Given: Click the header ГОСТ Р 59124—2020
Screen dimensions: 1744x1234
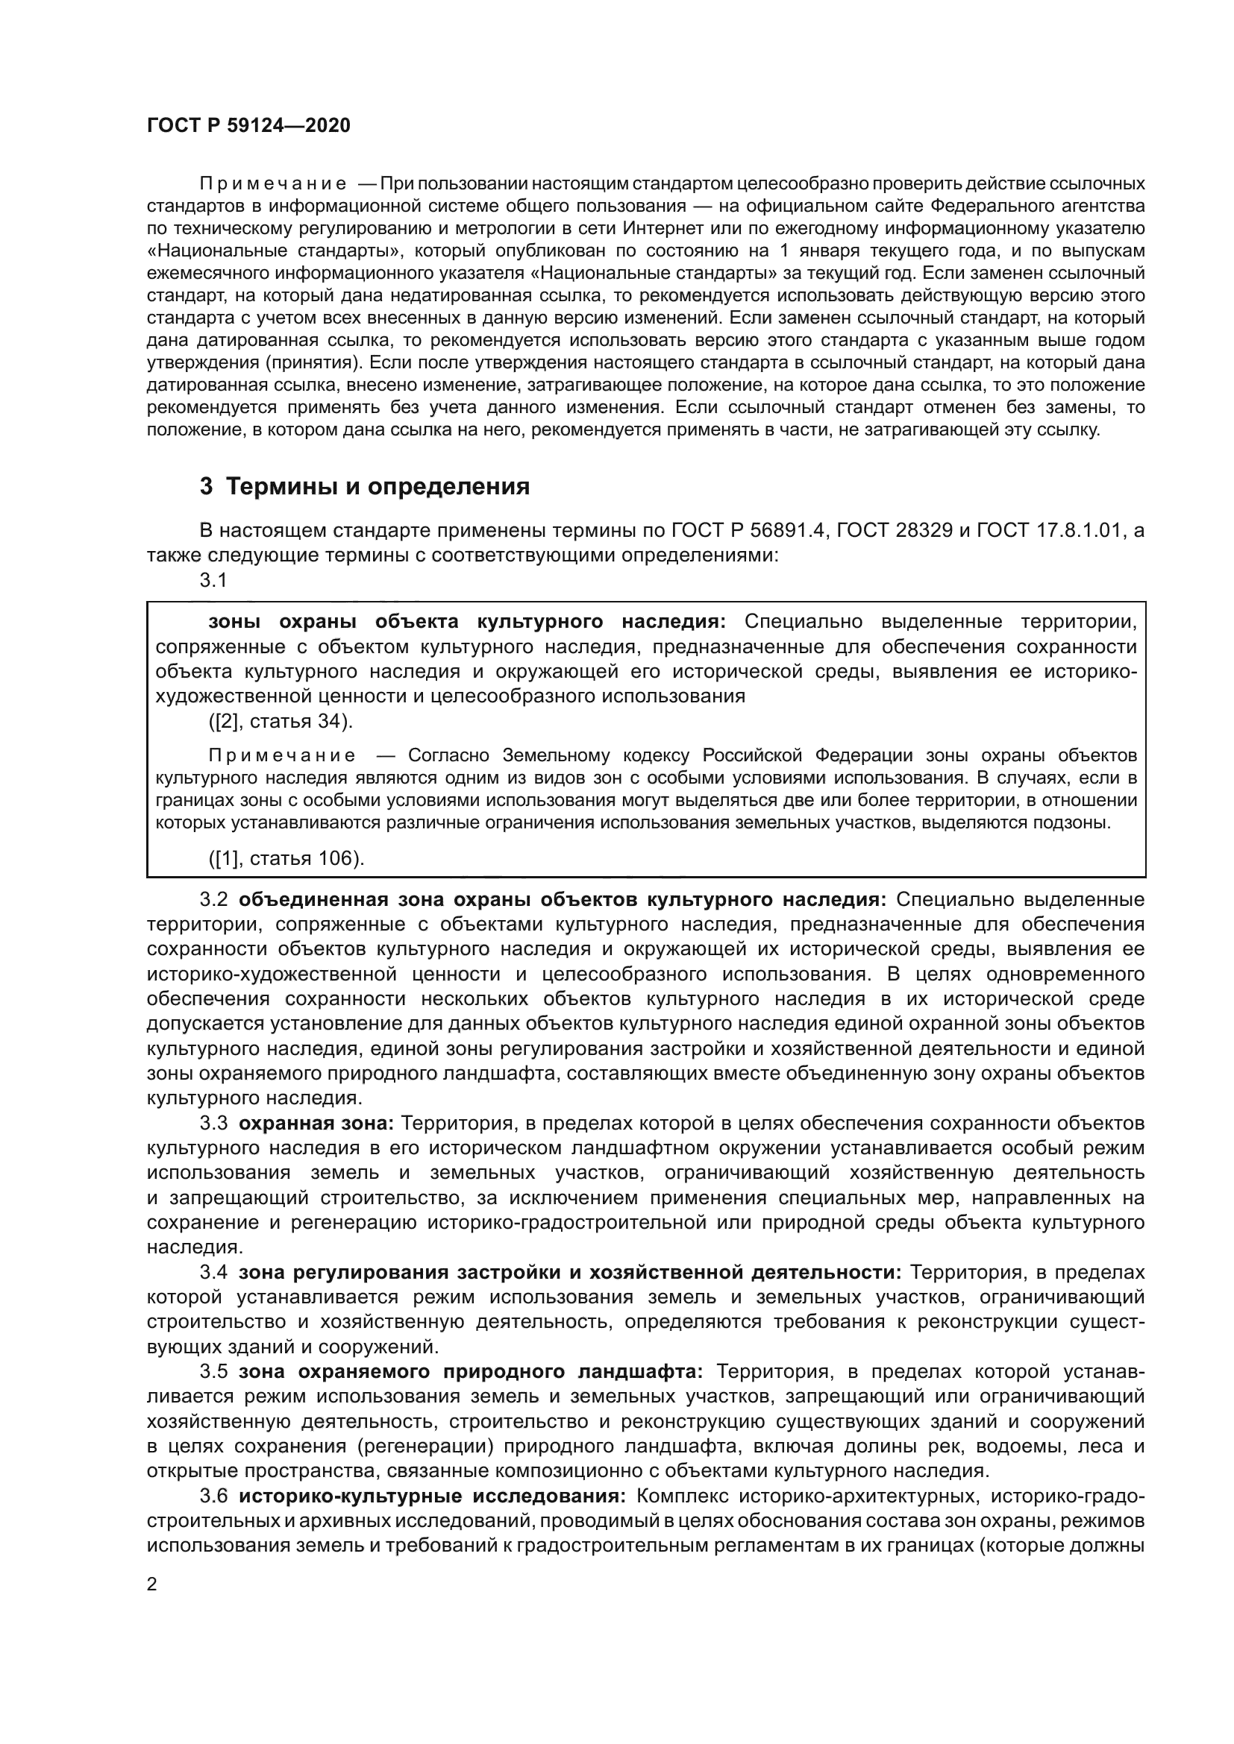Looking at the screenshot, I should coord(248,125).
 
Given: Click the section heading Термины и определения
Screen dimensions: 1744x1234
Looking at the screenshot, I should coord(378,486).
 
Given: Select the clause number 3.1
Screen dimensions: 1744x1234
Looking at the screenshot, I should coord(213,580).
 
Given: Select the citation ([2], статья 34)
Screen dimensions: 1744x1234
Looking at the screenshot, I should coord(281,721).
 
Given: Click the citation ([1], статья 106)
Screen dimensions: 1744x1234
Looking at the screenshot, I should coord(286,858).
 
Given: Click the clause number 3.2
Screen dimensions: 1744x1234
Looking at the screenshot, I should coord(213,899).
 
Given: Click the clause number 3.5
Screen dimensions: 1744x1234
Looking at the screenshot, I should coord(213,1372).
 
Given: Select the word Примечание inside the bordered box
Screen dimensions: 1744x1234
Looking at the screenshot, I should coord(282,756).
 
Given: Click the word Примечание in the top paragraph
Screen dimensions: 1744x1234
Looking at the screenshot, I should coord(273,184).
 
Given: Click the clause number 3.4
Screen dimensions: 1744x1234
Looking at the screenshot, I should coord(213,1272).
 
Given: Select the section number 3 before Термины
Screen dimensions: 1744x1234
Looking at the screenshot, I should coord(206,486).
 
